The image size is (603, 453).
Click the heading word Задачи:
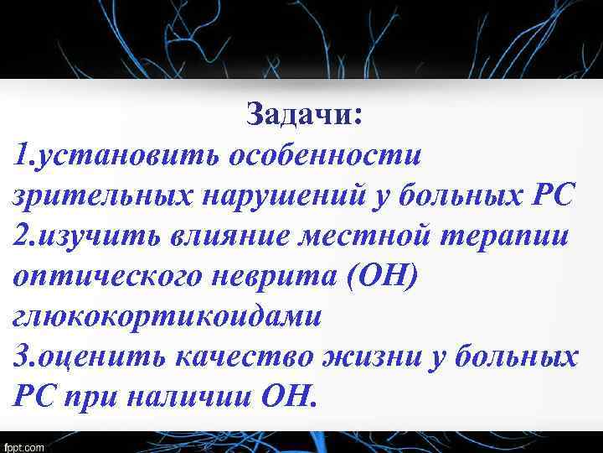point(305,116)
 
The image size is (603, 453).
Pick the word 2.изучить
point(80,237)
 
